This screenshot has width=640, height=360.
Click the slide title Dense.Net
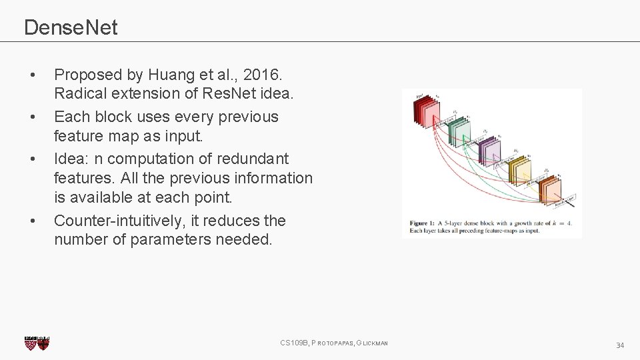(x=71, y=27)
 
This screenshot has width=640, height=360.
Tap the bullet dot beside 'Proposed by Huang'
(x=33, y=75)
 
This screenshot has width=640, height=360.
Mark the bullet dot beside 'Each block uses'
(x=33, y=117)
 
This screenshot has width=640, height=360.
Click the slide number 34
(x=620, y=345)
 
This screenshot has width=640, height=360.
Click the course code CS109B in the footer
(x=294, y=343)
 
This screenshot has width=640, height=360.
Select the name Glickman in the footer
(x=372, y=343)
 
